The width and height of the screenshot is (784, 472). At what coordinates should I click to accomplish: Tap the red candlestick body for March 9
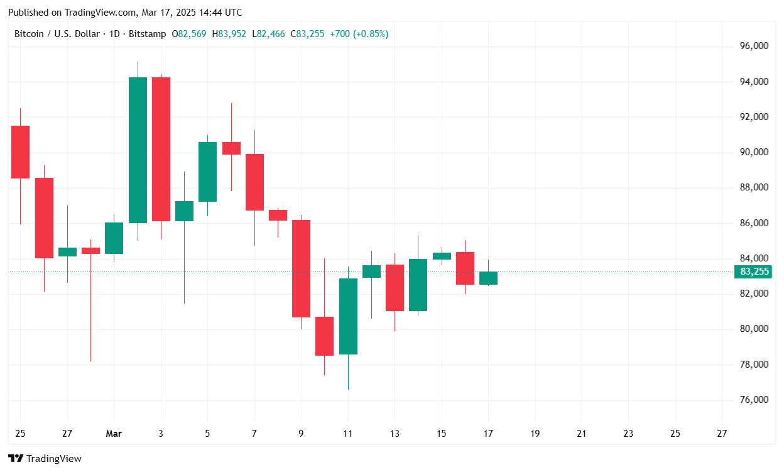tap(301, 268)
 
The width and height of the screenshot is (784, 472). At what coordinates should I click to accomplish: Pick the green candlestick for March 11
tap(348, 316)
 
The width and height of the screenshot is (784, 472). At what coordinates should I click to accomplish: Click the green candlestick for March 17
tap(488, 278)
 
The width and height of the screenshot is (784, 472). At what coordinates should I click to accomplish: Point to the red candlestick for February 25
tap(20, 151)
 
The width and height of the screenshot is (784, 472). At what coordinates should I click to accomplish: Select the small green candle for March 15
tap(442, 256)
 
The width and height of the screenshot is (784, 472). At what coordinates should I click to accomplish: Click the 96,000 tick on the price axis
tap(754, 46)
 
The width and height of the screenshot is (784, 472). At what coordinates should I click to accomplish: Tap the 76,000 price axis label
tap(754, 400)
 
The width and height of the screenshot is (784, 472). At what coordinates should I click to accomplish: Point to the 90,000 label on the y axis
tap(754, 152)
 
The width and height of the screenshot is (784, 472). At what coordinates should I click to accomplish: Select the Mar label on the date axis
tap(114, 434)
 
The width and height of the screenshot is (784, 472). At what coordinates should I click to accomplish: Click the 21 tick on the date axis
tap(582, 434)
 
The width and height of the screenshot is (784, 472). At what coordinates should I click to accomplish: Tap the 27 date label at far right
tap(722, 434)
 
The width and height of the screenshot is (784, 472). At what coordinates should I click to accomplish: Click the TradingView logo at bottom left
tap(45, 459)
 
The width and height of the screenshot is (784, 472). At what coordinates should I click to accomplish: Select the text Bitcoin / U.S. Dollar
tap(57, 34)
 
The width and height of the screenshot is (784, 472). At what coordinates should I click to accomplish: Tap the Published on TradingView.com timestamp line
tap(125, 13)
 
